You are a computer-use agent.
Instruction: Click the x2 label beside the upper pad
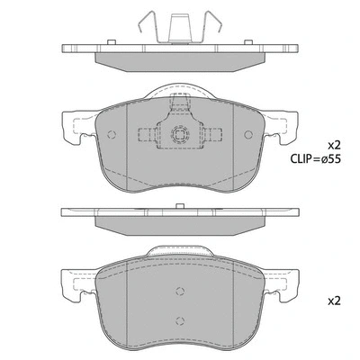[334, 144]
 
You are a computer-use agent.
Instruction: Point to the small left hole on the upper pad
[112, 138]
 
